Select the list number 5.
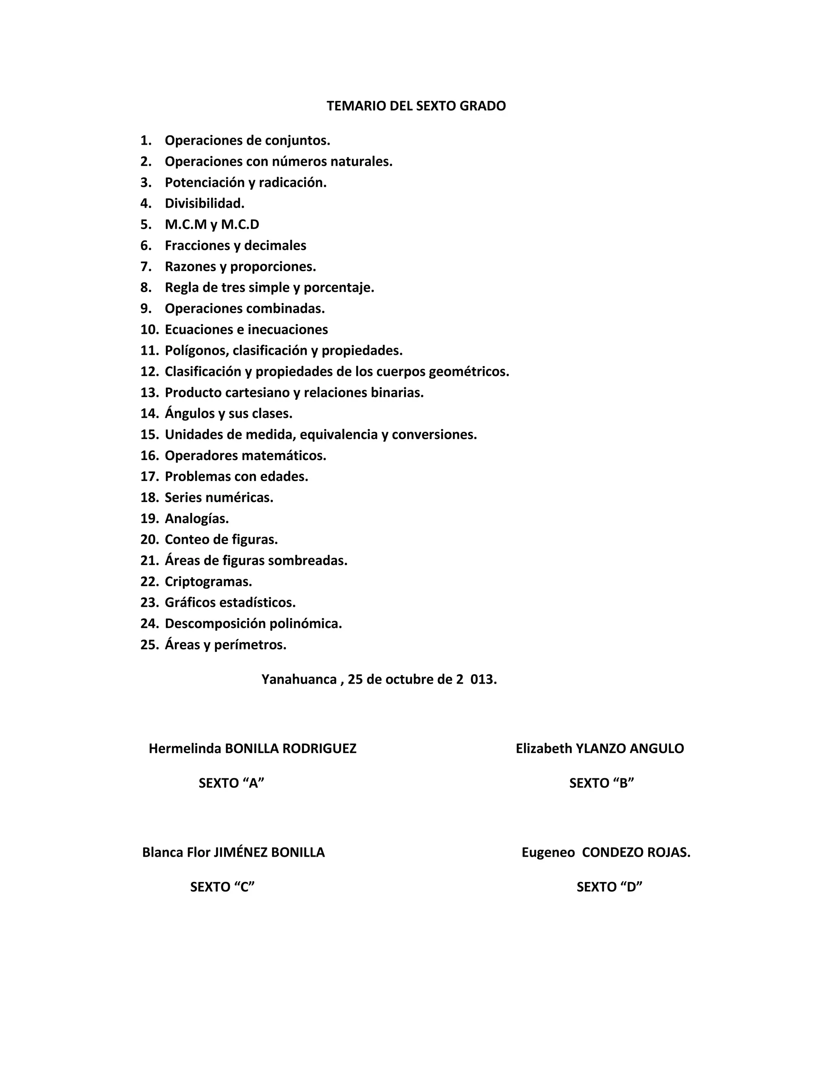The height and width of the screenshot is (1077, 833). point(146,225)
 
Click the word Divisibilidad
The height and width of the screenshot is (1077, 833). point(204,204)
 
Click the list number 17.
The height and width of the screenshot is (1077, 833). point(149,477)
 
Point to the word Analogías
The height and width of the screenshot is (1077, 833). point(196,519)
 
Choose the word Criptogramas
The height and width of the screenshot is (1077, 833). point(208,582)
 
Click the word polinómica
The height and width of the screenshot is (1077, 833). point(312,624)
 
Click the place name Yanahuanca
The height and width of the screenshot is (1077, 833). point(299,680)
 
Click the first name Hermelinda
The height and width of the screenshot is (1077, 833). point(185,749)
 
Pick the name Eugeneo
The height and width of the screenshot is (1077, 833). point(548,853)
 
